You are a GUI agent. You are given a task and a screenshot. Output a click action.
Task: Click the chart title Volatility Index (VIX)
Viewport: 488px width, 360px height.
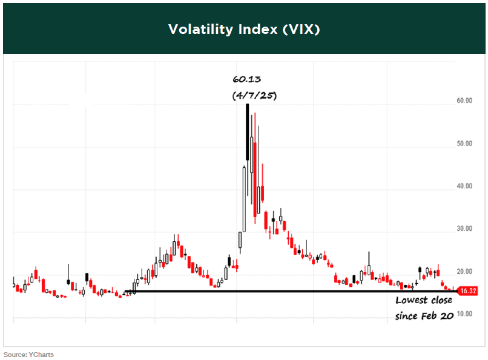tap(244, 29)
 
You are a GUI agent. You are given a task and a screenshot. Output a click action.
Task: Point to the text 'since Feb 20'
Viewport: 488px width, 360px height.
tap(424, 316)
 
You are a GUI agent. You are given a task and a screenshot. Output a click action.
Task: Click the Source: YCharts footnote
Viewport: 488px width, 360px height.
tap(28, 355)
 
